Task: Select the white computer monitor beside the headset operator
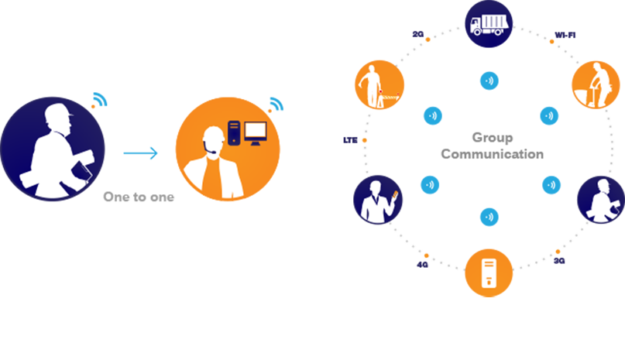[256, 133]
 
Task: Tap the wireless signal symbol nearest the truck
[489, 80]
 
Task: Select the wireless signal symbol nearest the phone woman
[430, 185]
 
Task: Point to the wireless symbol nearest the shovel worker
[548, 116]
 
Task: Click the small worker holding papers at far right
[599, 200]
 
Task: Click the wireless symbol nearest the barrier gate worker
[432, 116]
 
